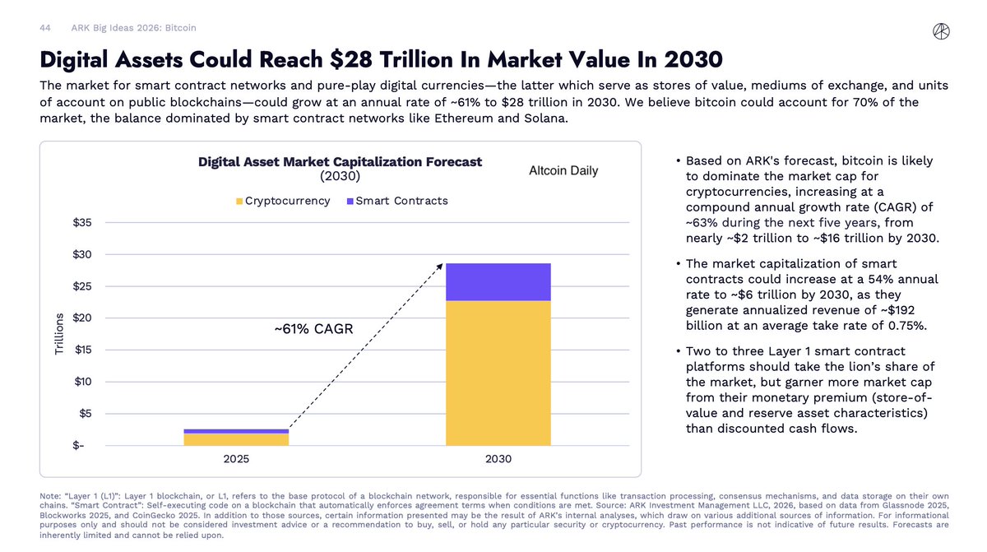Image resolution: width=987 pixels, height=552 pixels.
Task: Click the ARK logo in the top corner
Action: point(942,30)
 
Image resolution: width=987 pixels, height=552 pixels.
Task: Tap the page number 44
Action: point(46,28)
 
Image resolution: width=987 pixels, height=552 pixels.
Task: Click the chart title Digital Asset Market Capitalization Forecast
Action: point(340,162)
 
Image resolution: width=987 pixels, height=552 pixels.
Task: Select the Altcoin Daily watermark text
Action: point(563,171)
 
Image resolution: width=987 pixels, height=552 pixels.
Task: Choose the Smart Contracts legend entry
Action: point(396,201)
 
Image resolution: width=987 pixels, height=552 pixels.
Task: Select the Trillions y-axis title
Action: point(59,334)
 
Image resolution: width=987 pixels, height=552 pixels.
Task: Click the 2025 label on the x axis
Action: point(236,459)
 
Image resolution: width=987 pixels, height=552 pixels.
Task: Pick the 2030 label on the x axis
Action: point(498,459)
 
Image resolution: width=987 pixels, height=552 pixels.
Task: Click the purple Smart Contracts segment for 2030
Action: point(498,282)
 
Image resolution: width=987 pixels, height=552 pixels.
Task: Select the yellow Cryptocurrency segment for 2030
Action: point(498,373)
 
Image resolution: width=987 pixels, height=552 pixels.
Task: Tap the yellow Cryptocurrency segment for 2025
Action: point(236,439)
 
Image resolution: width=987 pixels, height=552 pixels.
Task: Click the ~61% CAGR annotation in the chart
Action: point(313,330)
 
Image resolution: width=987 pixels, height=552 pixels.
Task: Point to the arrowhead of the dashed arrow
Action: point(440,266)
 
